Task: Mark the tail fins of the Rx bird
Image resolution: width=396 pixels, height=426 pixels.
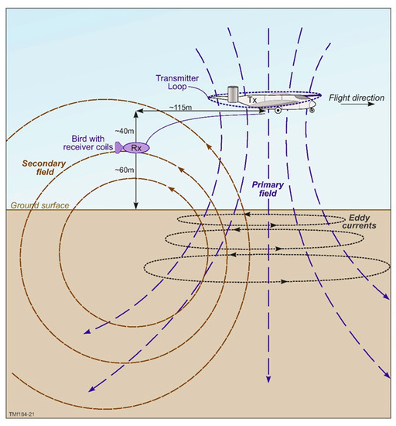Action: (x=118, y=147)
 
